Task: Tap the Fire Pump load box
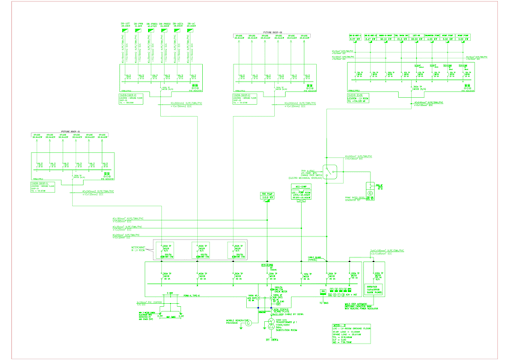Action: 267,197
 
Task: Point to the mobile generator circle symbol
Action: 249,323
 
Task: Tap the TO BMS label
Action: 324,303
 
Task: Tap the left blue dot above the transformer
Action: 258,308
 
